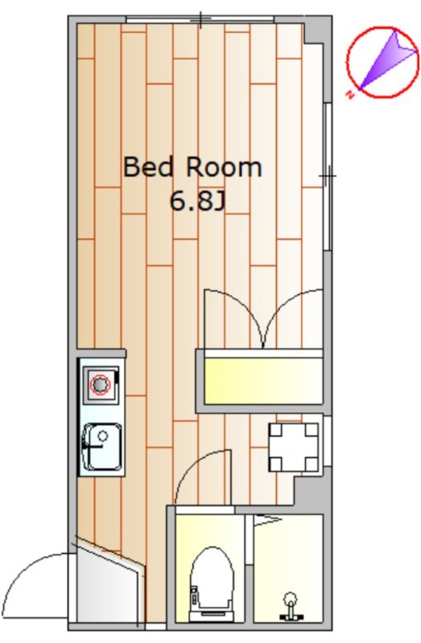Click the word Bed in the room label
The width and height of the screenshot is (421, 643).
pos(148,167)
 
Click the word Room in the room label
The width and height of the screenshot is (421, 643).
pos(225,167)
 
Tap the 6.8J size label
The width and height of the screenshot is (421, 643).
pos(197,201)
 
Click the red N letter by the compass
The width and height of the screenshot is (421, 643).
pos(350,95)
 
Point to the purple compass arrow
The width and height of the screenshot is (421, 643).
pos(388,60)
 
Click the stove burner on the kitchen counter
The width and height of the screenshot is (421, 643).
pos(100,385)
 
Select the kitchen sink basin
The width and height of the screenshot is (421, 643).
pos(103,447)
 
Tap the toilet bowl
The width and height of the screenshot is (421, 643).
pos(212,579)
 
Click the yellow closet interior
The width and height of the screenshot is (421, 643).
pos(263,380)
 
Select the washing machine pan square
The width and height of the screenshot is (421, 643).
pos(294,447)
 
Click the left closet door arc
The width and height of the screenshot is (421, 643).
pos(242,303)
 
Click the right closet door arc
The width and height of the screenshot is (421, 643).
pos(283,303)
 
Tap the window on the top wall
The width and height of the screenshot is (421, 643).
pos(200,19)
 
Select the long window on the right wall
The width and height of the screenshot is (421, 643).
pos(328,176)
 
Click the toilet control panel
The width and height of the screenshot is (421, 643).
pos(193,596)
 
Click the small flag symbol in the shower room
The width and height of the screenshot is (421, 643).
pos(267,520)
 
